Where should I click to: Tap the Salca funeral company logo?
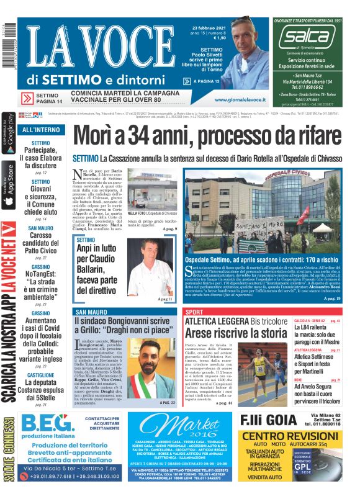coord(307,38)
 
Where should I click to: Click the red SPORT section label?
coord(194,311)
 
